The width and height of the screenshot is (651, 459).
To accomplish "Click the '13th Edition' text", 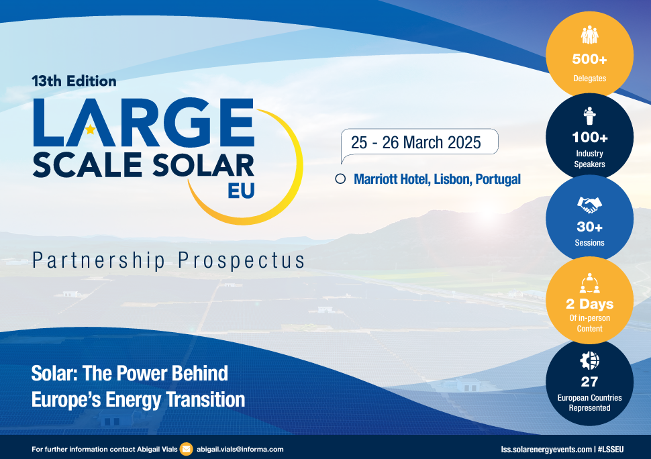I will pyautogui.click(x=74, y=81).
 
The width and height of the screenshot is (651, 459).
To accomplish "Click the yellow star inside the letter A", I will pyautogui.click(x=90, y=130).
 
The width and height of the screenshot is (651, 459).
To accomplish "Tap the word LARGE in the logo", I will pyautogui.click(x=143, y=123).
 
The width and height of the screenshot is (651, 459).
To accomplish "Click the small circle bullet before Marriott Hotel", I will pyautogui.click(x=340, y=179).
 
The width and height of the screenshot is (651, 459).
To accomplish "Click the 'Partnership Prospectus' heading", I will pyautogui.click(x=168, y=260).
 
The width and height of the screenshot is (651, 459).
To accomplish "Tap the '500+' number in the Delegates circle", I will pyautogui.click(x=589, y=59).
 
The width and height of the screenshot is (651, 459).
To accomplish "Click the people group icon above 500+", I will pyautogui.click(x=589, y=35).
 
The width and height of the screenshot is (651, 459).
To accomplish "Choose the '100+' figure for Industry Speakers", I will pyautogui.click(x=589, y=138).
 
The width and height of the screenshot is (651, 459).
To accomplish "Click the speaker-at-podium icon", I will pyautogui.click(x=589, y=115).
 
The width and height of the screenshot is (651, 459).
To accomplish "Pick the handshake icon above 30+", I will pyautogui.click(x=589, y=203).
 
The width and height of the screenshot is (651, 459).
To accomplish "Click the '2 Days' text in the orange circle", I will pyautogui.click(x=589, y=304).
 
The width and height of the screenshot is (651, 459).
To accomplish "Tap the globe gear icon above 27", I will pyautogui.click(x=589, y=361).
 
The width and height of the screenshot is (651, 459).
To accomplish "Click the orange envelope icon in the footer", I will pyautogui.click(x=187, y=449).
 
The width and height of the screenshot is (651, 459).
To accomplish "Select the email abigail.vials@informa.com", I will pyautogui.click(x=240, y=449).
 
